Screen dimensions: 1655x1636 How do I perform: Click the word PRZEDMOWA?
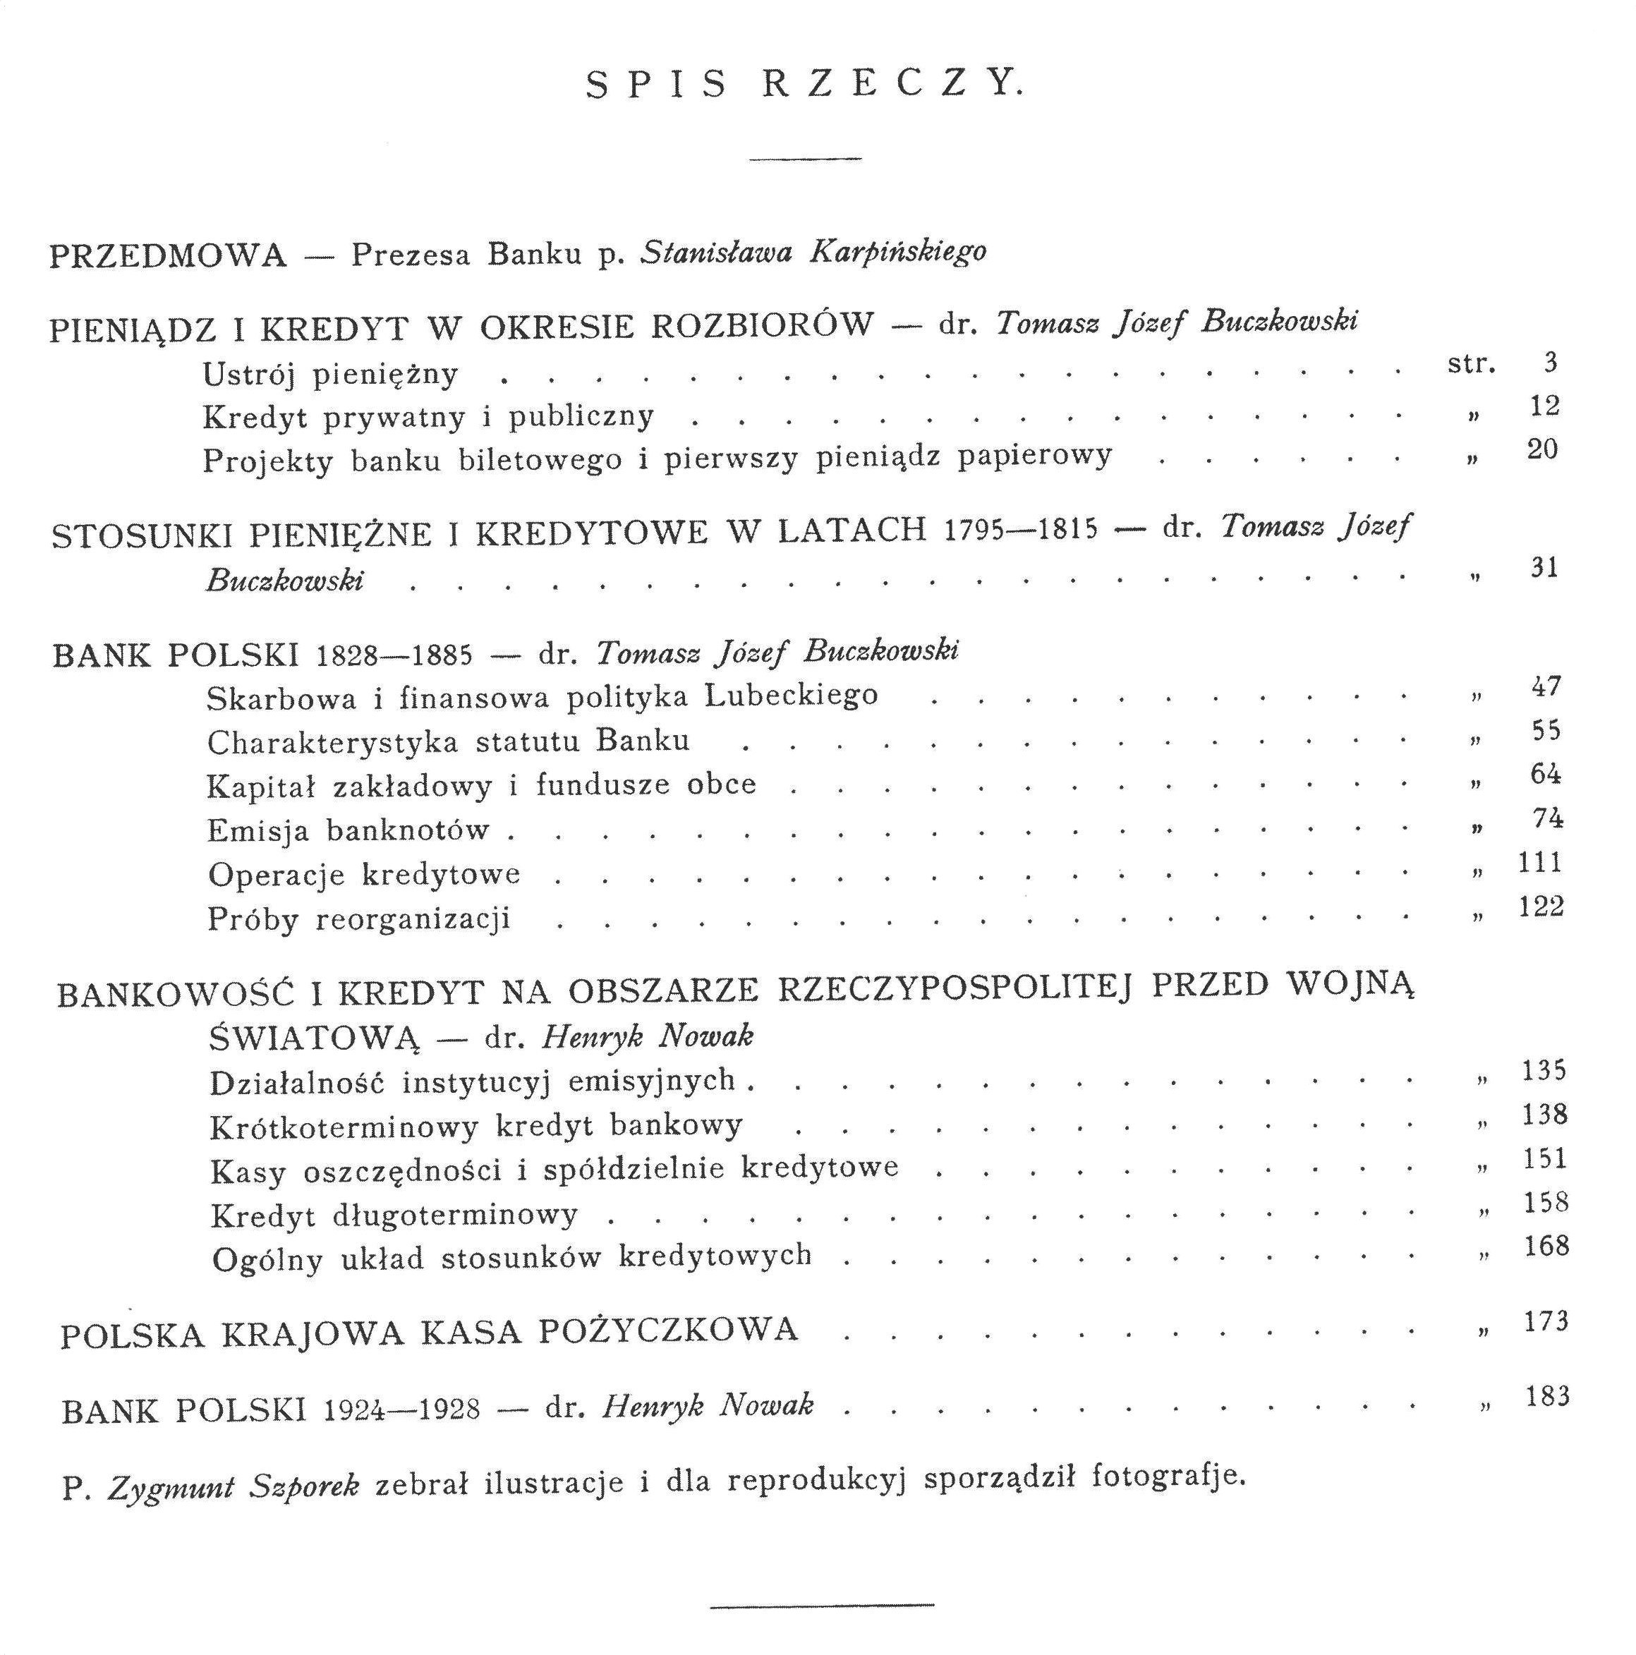click(x=168, y=256)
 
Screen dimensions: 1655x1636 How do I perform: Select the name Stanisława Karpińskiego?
click(x=813, y=252)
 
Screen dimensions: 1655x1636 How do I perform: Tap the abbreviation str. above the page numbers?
click(x=1471, y=364)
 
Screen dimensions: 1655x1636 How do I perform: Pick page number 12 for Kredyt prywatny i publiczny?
click(x=1544, y=406)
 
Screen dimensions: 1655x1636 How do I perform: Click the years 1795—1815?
click(x=1020, y=529)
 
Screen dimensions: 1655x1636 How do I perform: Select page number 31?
click(x=1544, y=567)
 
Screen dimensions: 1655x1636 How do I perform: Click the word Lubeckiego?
click(x=792, y=695)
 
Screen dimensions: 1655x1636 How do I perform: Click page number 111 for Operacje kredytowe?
click(x=1540, y=862)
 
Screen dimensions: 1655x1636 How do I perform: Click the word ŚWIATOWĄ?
click(x=315, y=1039)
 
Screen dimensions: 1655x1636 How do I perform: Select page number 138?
click(x=1544, y=1114)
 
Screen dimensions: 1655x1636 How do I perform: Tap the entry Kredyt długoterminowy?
click(x=394, y=1216)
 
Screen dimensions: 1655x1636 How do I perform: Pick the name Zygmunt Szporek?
click(x=232, y=1488)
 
